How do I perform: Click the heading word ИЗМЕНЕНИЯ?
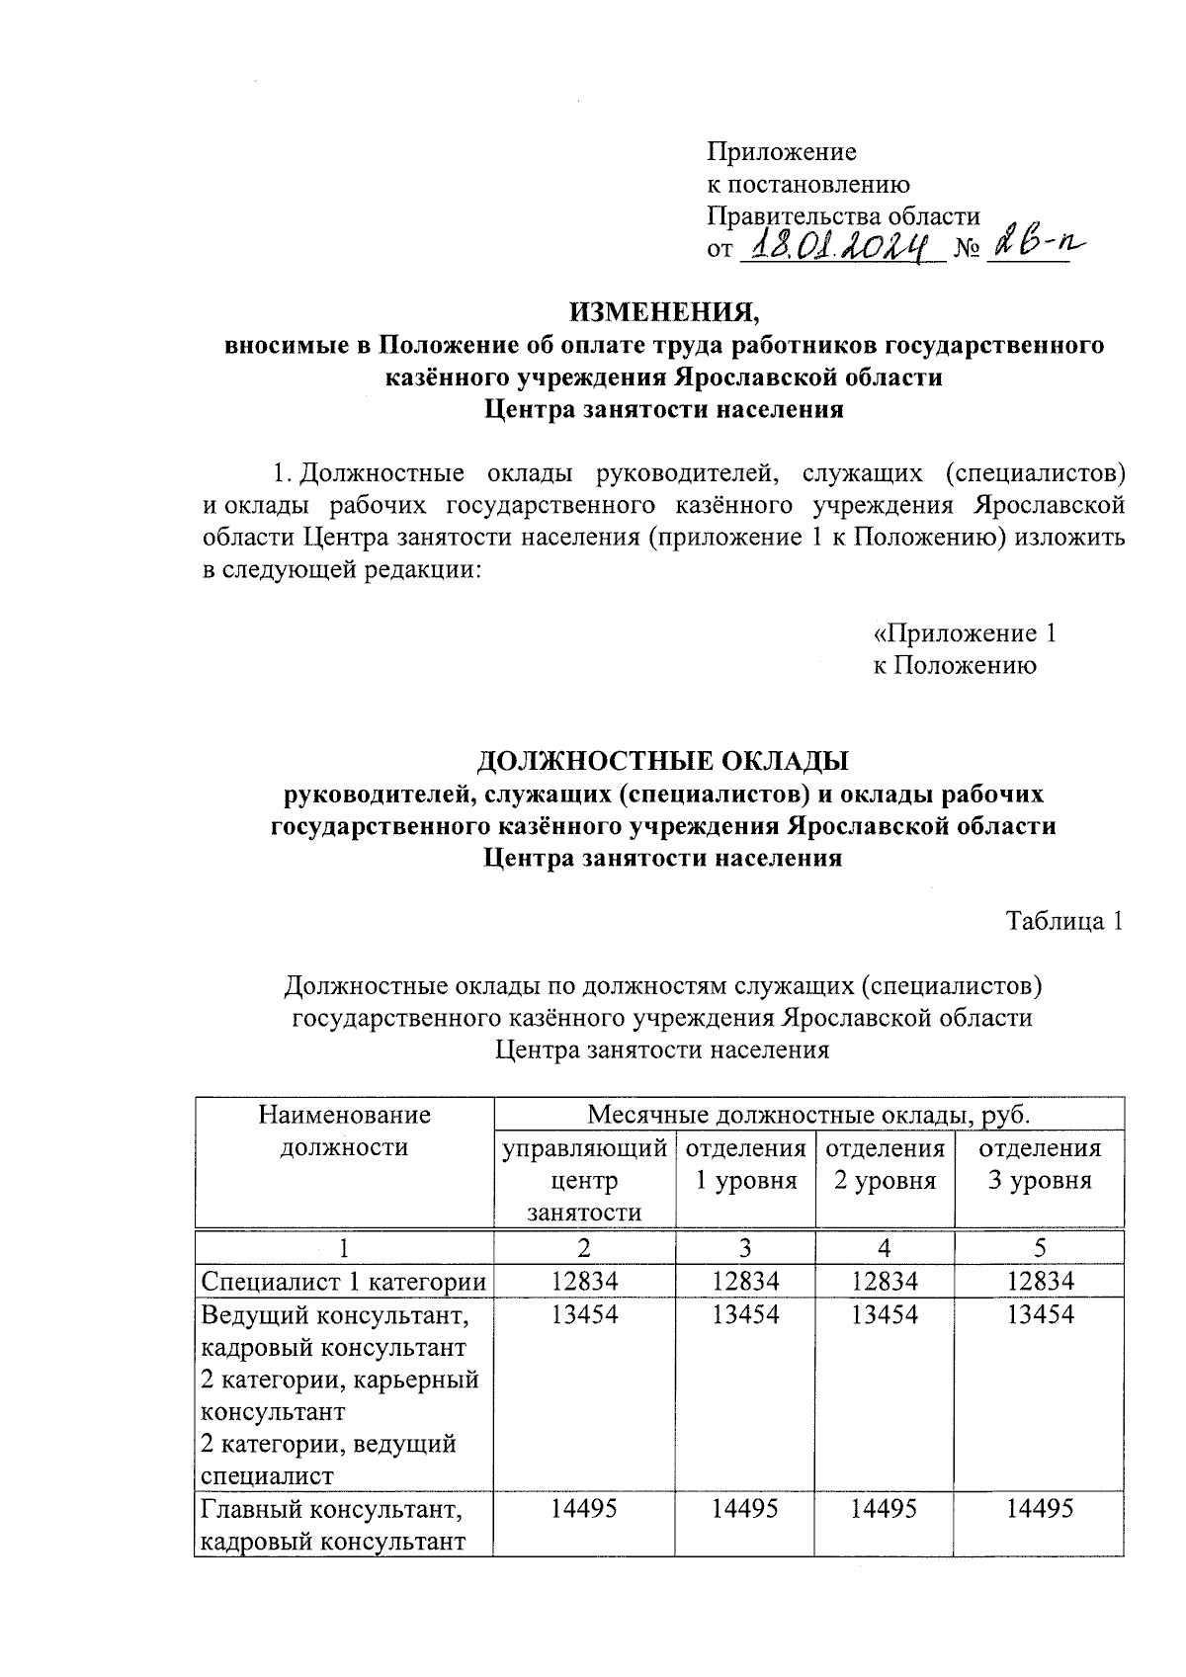pos(662,313)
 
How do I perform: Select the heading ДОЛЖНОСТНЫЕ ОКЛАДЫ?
pos(662,762)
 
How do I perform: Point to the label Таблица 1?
pos(1064,921)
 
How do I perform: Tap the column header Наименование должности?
pos(344,1132)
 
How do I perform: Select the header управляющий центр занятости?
pos(584,1180)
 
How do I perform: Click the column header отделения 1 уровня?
pos(745,1164)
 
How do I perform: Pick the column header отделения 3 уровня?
pos(1039,1164)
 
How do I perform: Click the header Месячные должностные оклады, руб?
pos(808,1115)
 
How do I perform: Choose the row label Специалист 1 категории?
pos(344,1282)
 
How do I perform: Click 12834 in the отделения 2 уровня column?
pos(885,1282)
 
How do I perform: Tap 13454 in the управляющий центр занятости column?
pos(584,1314)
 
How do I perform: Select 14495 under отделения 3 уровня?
pos(1039,1509)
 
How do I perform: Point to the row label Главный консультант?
pos(332,1510)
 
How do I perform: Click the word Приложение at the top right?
pos(781,152)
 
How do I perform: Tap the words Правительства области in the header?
pos(843,216)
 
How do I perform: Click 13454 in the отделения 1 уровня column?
pos(745,1314)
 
